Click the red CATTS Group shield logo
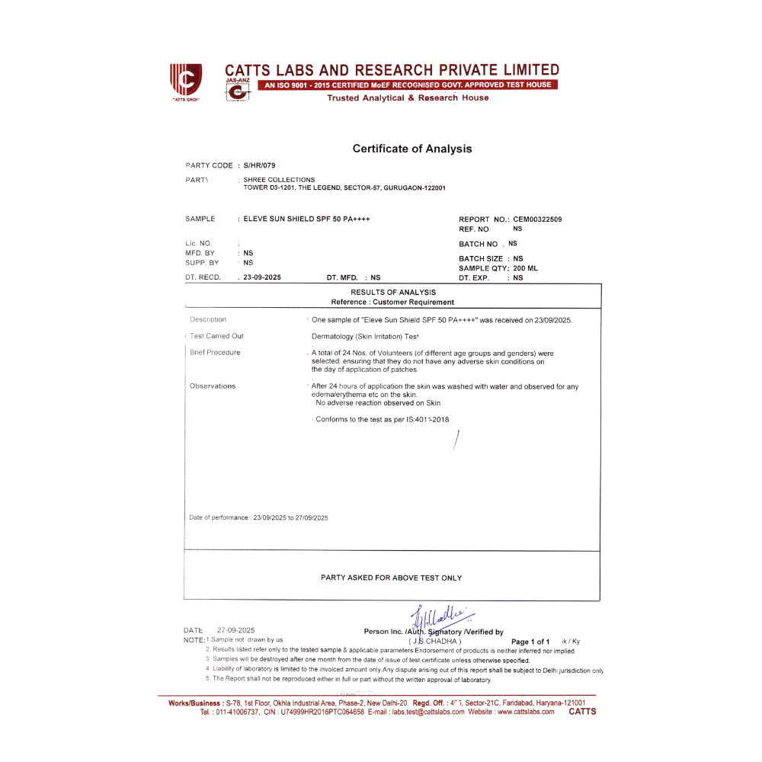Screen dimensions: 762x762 (185, 79)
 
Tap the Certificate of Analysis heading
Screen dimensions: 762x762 (412, 149)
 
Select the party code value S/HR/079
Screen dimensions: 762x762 (260, 165)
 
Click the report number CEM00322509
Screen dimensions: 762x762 (537, 219)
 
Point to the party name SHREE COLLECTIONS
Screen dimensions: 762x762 (279, 180)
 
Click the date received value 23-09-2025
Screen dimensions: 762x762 (262, 277)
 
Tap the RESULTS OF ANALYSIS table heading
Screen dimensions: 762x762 (393, 292)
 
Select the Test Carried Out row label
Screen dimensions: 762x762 (217, 336)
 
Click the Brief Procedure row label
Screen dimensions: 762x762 (215, 353)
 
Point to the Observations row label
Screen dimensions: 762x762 (213, 386)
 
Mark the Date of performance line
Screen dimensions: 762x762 (258, 518)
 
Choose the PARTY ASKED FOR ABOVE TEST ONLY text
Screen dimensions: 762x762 (391, 578)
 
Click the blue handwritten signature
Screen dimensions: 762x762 (441, 617)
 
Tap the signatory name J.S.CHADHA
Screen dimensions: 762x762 (435, 642)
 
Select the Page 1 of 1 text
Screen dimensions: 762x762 (530, 642)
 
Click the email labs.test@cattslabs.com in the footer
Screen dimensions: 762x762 (427, 712)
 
